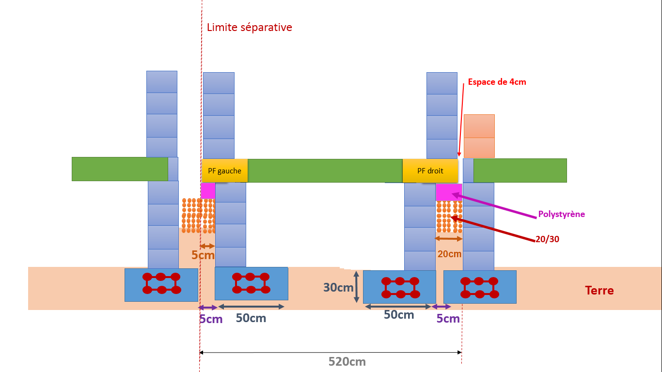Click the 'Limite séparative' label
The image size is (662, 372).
click(249, 27)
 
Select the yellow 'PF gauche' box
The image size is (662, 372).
click(224, 170)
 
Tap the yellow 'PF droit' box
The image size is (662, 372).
click(430, 170)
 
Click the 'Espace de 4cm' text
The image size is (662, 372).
click(497, 82)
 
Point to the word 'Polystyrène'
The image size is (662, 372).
click(561, 214)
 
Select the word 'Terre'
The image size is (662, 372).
click(599, 291)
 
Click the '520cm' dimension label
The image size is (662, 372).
click(347, 362)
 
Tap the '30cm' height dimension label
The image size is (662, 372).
click(338, 288)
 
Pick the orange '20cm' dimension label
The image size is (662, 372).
click(449, 254)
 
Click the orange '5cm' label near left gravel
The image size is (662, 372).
click(203, 255)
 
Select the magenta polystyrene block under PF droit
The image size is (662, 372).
click(448, 192)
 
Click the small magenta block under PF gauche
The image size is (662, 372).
click(208, 190)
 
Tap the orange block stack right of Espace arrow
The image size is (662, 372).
click(479, 136)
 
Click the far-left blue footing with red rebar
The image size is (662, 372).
click(161, 285)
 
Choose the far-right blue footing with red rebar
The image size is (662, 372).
click(479, 287)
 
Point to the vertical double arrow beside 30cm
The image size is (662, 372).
click(356, 287)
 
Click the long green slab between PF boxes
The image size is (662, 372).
click(325, 170)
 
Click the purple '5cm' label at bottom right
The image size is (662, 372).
click(448, 319)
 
